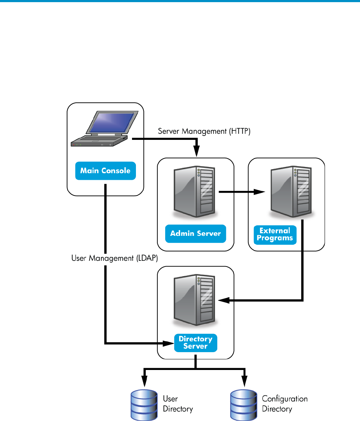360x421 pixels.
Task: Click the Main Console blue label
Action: tap(105, 171)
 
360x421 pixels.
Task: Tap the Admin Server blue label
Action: tap(196, 234)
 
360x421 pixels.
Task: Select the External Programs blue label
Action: tap(275, 235)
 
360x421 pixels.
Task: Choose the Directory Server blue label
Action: tap(196, 343)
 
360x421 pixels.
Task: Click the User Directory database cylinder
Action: tap(144, 405)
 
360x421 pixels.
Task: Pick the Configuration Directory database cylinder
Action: tap(243, 405)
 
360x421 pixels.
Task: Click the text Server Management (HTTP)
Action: tap(204, 131)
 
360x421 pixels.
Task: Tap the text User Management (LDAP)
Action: tap(115, 258)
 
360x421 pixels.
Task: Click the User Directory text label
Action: tap(178, 404)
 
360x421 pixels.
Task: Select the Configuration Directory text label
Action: tap(285, 404)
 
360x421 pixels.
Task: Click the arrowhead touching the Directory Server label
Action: tap(169, 344)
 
